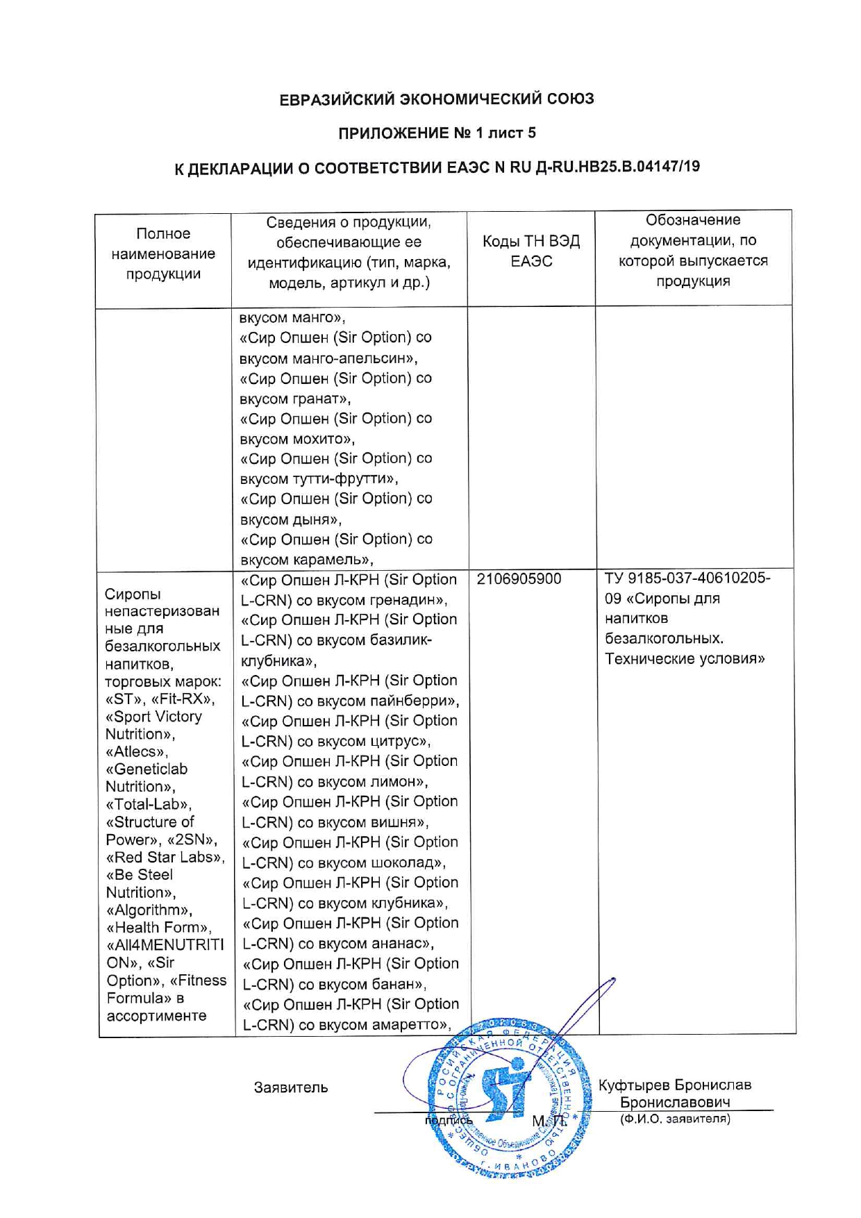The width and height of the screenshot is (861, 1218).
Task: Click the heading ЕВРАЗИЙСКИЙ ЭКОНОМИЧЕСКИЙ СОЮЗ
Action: [436, 99]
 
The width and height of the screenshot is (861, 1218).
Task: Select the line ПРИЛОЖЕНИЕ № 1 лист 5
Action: [436, 133]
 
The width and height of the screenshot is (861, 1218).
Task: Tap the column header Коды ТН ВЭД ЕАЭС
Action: [531, 251]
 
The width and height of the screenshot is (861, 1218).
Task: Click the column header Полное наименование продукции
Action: [163, 253]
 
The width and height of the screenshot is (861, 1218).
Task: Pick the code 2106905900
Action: [519, 579]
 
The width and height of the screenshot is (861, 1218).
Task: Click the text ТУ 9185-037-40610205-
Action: [687, 578]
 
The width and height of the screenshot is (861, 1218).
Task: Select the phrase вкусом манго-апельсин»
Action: [328, 359]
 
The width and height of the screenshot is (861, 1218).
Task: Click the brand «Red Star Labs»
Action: [165, 858]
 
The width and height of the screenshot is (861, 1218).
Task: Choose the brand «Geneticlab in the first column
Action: [147, 769]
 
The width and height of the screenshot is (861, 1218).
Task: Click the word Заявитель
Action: [290, 1088]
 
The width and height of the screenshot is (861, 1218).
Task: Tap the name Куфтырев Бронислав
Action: [674, 1085]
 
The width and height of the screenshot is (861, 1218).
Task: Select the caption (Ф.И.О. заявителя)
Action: [674, 1119]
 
